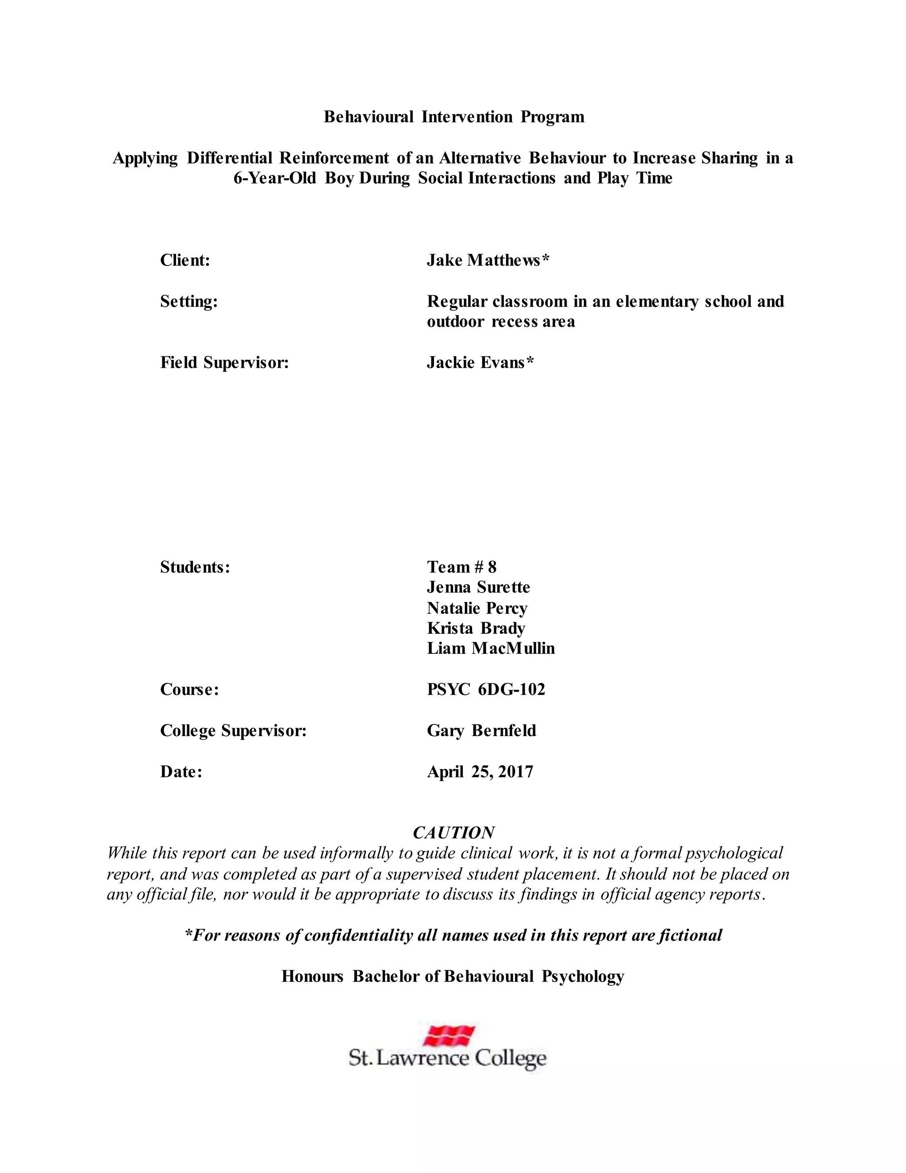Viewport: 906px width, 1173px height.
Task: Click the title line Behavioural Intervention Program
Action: coord(453,117)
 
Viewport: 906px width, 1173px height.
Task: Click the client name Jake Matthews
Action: coord(488,260)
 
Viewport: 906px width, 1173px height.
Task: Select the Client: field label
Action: coord(184,260)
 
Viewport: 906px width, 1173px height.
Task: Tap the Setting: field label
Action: coord(189,302)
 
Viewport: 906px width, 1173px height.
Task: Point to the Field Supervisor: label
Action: coord(224,363)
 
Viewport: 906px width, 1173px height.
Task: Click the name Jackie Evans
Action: coord(480,363)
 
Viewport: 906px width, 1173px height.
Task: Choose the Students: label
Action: coord(195,567)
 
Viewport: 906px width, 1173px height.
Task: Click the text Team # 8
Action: coord(461,567)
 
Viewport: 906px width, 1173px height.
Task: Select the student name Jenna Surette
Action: coord(478,587)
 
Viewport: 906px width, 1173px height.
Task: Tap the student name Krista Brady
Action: coord(476,629)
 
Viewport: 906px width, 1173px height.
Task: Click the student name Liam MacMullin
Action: coord(491,649)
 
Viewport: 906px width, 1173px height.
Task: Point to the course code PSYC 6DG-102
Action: coord(486,690)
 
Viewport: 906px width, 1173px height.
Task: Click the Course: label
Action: coord(189,690)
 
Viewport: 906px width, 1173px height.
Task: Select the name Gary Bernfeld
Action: coord(481,731)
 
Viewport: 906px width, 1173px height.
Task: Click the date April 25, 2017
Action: coord(480,772)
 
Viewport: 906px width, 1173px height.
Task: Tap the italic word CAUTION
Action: coord(453,833)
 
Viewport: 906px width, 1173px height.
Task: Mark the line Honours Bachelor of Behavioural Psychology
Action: coord(453,976)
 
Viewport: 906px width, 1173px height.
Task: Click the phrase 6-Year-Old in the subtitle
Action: coord(275,178)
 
